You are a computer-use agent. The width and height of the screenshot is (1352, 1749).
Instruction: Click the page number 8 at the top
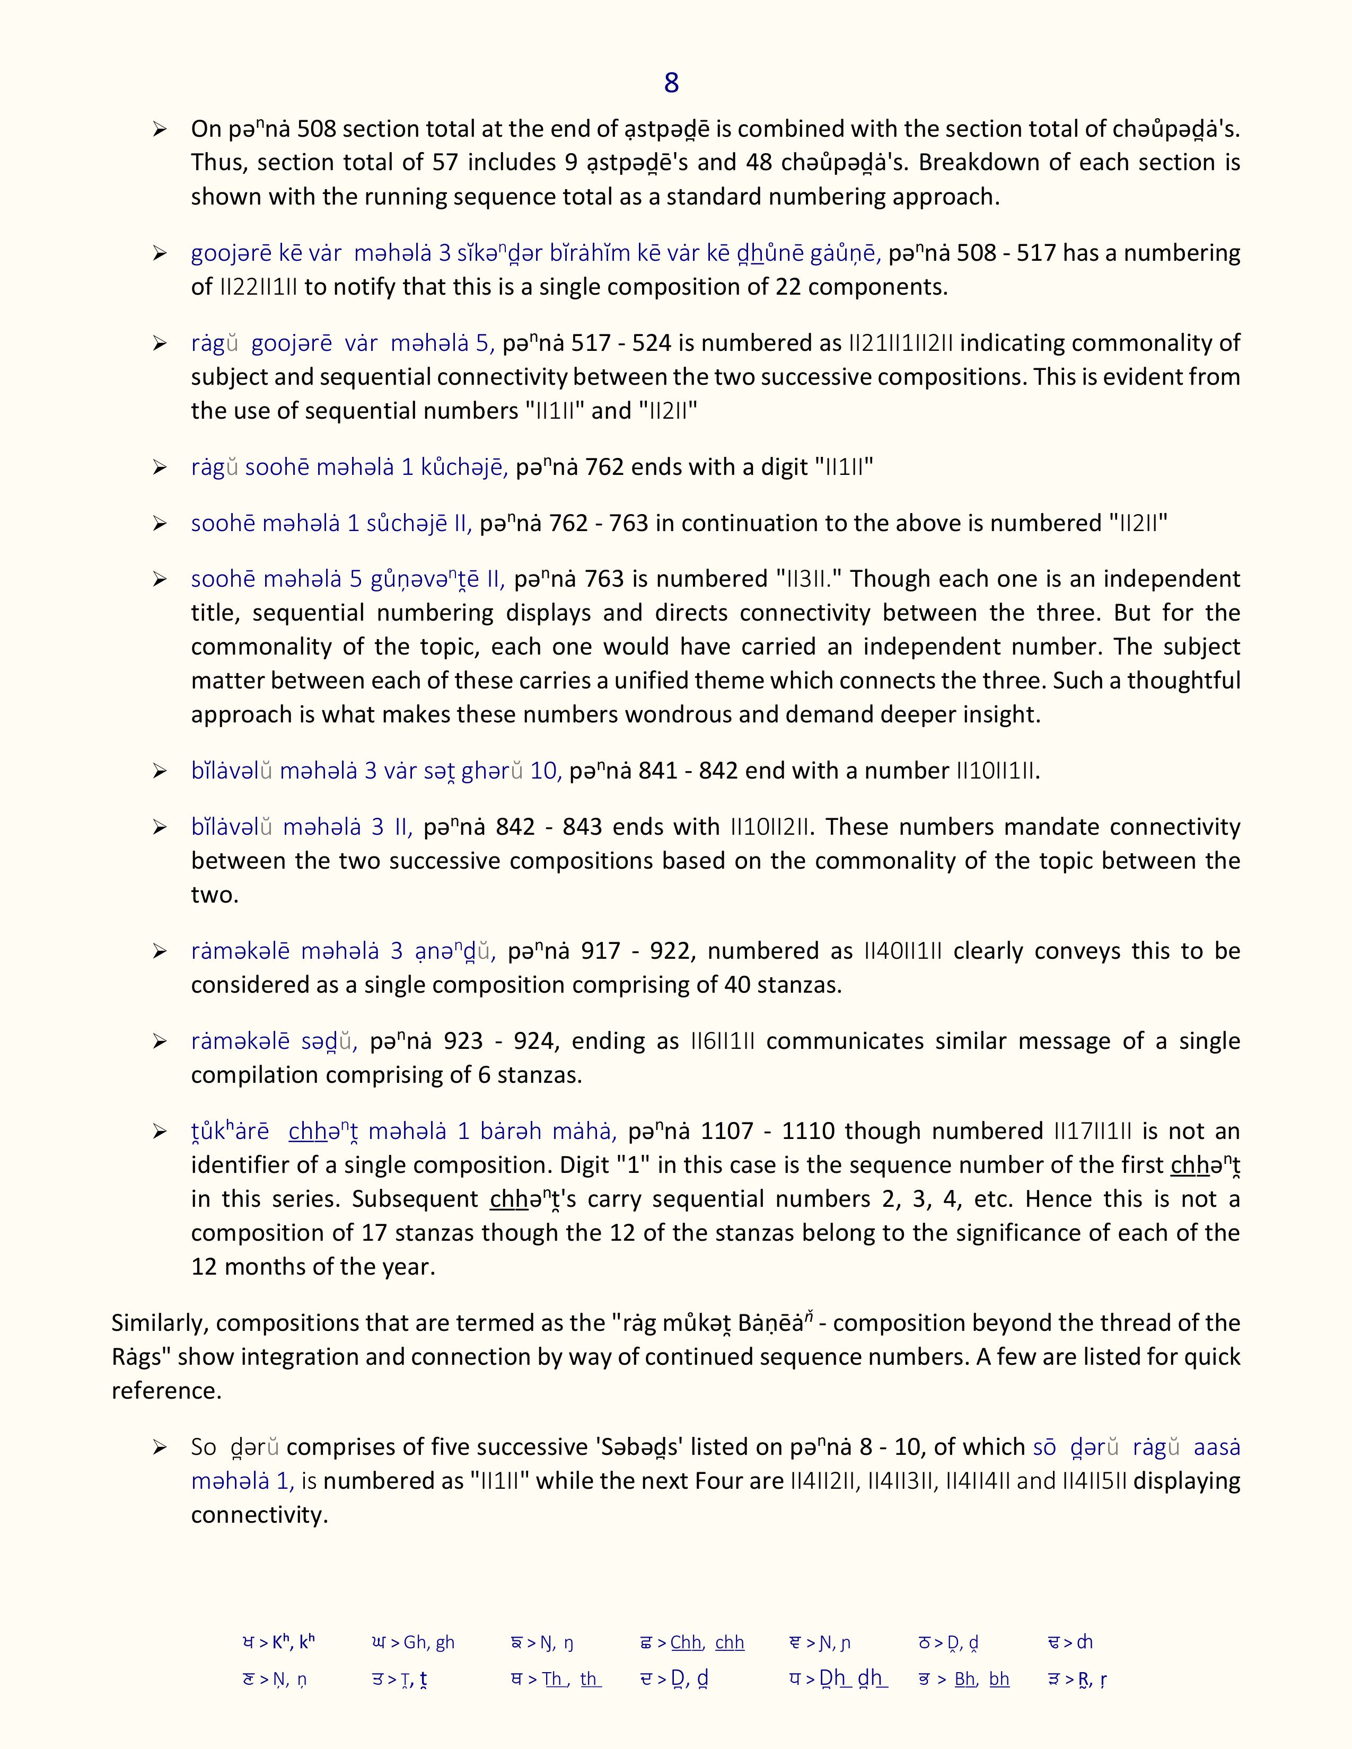(x=671, y=83)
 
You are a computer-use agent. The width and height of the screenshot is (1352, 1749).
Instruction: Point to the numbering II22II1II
(x=258, y=287)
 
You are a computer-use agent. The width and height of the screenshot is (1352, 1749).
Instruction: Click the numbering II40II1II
(x=903, y=951)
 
